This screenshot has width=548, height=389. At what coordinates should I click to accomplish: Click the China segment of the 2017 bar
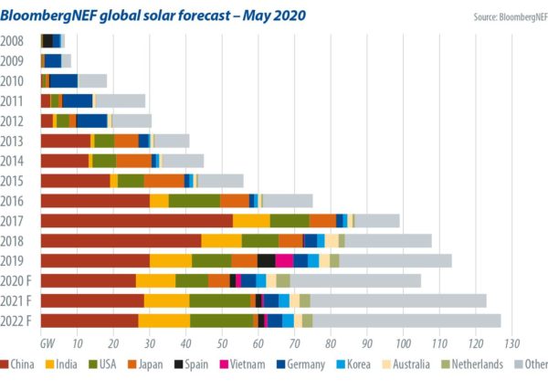point(136,220)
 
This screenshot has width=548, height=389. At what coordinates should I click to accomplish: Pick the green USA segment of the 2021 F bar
point(219,300)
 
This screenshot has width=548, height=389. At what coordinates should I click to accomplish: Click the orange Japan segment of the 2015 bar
point(163,180)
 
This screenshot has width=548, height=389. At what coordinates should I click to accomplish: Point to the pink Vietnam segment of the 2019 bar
point(284,260)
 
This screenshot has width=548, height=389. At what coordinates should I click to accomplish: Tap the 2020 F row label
point(19,280)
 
